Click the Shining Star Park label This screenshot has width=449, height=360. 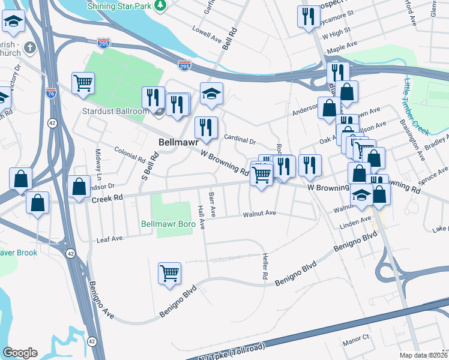click(x=118, y=5)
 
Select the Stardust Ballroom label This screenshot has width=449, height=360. click(x=116, y=112)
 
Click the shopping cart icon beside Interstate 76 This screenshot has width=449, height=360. click(x=83, y=83)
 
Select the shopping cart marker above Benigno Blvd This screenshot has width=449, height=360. click(x=170, y=273)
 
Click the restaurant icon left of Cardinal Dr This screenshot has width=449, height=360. click(x=205, y=127)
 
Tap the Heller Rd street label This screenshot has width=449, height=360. click(x=264, y=267)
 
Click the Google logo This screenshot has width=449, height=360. click(x=20, y=353)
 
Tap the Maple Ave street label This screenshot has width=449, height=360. click(x=346, y=47)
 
